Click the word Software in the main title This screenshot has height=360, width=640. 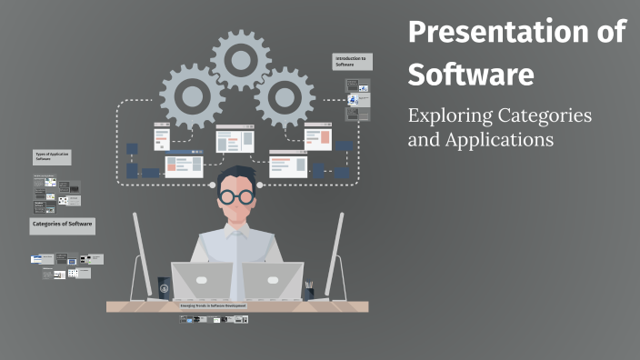[x=470, y=75]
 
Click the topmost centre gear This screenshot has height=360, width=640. [x=240, y=57]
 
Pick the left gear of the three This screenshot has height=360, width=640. [x=192, y=95]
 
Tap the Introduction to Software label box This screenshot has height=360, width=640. [x=351, y=62]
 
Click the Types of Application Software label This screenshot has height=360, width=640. [x=52, y=156]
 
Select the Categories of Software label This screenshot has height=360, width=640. [x=62, y=224]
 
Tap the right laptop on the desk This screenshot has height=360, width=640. [x=273, y=281]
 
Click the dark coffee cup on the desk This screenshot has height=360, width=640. [x=164, y=287]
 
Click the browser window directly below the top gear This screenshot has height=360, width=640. [x=233, y=138]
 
